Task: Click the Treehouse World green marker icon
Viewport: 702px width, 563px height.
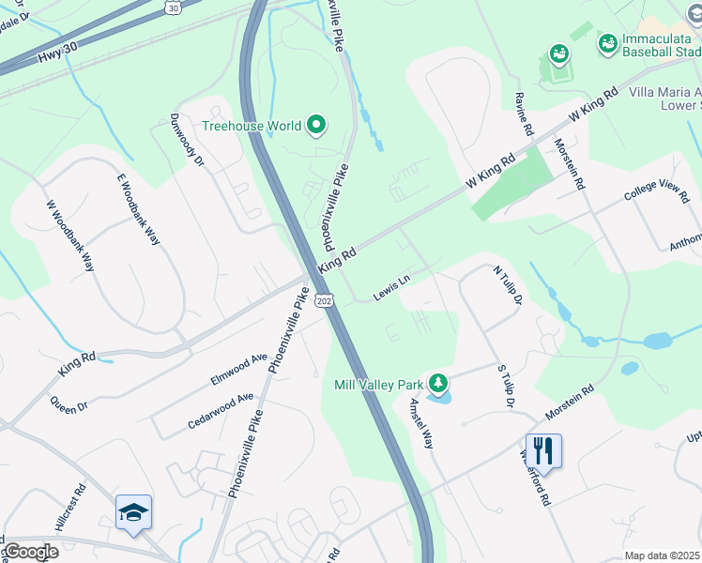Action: coord(316,126)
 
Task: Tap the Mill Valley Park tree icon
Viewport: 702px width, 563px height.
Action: coord(437,384)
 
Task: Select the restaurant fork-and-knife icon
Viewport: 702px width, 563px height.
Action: coord(543,450)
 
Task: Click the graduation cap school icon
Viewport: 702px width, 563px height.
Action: coord(133,512)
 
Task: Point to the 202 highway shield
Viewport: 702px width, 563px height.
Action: coord(324,300)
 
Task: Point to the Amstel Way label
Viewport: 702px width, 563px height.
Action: coord(420,423)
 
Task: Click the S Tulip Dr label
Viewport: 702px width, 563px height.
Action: coord(504,385)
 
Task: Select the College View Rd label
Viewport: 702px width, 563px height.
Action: coord(657,190)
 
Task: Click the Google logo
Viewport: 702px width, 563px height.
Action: coord(30,552)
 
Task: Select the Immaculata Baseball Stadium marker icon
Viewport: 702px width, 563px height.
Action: coord(607,43)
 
